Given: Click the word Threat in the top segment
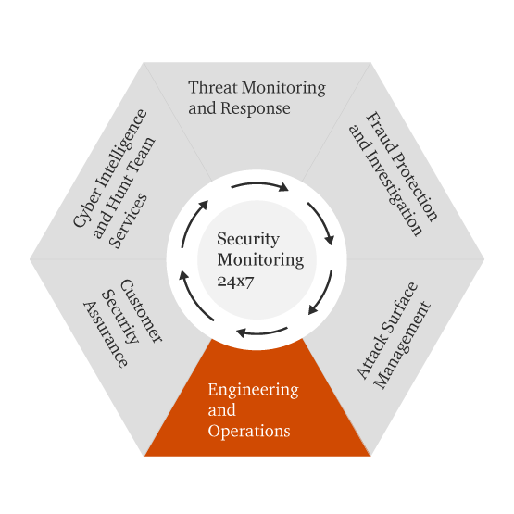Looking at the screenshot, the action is pyautogui.click(x=213, y=88).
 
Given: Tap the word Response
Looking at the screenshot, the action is pyautogui.click(x=255, y=108).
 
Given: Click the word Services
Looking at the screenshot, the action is pyautogui.click(x=129, y=220).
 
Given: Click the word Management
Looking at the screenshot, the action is pyautogui.click(x=402, y=345).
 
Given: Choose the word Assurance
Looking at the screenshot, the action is pyautogui.click(x=106, y=334).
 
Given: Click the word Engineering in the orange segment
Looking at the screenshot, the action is pyautogui.click(x=253, y=390).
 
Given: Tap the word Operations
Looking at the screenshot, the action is pyautogui.click(x=249, y=431).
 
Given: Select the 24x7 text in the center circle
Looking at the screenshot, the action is pyautogui.click(x=235, y=282).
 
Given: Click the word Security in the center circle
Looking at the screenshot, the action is pyautogui.click(x=248, y=239).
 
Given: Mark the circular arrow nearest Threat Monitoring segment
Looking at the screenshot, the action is pyautogui.click(x=259, y=184).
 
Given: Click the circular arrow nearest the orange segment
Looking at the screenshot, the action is pyautogui.click(x=261, y=332).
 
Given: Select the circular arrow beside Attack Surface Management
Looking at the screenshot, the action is pyautogui.click(x=323, y=295).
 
